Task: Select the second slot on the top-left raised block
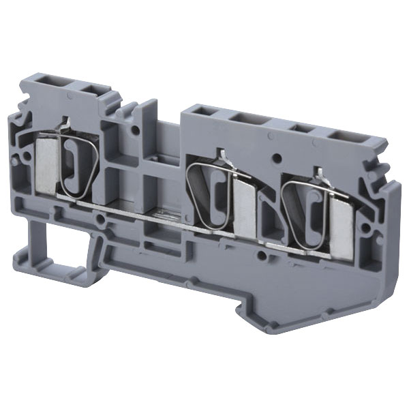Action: (x=88, y=88)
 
